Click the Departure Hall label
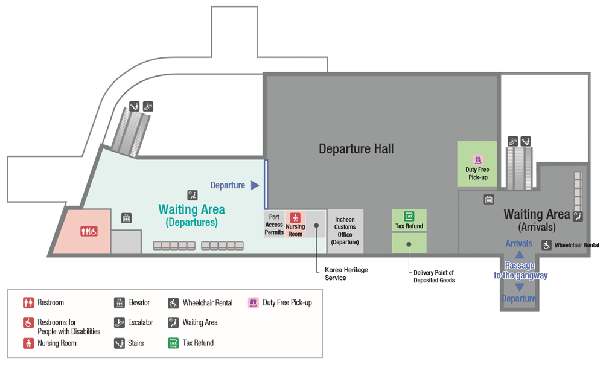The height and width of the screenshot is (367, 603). click(x=356, y=148)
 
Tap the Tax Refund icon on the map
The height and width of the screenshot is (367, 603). click(x=409, y=216)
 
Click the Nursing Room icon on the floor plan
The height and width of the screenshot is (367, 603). click(x=295, y=217)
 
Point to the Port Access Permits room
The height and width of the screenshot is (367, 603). click(x=274, y=225)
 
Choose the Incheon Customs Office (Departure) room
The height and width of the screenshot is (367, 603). click(x=345, y=231)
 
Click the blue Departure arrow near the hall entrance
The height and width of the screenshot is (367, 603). click(x=255, y=185)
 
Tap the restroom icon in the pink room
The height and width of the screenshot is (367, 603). click(x=89, y=231)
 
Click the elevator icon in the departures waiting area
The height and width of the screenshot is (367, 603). click(x=127, y=218)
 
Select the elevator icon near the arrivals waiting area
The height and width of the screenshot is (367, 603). click(x=489, y=199)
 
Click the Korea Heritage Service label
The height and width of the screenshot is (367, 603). click(x=346, y=274)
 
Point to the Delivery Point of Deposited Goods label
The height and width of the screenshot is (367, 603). click(x=434, y=277)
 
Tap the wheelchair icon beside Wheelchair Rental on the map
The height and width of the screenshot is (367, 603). click(x=546, y=245)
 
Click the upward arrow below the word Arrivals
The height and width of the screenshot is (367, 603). click(x=518, y=255)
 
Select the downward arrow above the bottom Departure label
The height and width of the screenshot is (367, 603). click(x=518, y=287)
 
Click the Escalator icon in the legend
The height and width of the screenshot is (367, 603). click(x=120, y=322)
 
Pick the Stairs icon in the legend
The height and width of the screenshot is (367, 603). click(x=120, y=343)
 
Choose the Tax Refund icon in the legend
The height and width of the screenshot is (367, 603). click(x=173, y=343)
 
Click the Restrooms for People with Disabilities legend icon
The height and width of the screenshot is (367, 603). click(x=28, y=322)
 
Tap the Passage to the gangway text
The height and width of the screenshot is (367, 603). click(x=520, y=270)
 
